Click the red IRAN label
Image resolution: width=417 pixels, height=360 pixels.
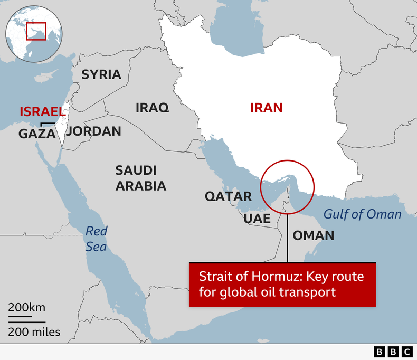(x=266, y=108)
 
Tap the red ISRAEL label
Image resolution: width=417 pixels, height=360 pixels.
(x=42, y=112)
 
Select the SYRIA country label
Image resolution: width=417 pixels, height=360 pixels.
(x=101, y=74)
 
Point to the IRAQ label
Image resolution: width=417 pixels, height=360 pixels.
(x=152, y=108)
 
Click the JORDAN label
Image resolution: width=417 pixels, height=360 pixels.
(x=94, y=131)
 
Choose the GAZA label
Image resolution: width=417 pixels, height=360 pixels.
(x=37, y=134)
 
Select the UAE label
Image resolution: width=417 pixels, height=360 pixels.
(x=257, y=219)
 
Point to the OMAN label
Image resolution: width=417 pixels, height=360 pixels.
(x=313, y=235)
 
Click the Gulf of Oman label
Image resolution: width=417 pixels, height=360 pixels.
(x=362, y=214)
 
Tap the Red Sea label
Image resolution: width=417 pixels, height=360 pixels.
(x=96, y=239)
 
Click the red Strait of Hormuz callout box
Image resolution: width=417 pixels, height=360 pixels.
(x=282, y=285)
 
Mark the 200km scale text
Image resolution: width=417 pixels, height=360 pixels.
(x=26, y=308)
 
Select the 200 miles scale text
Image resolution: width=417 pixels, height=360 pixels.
(x=34, y=332)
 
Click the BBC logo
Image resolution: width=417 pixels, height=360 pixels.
(x=393, y=352)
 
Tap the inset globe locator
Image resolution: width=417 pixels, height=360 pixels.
(x=33, y=34)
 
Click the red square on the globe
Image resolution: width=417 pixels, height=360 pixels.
(x=36, y=31)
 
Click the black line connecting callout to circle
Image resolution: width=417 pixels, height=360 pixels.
(x=287, y=238)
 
